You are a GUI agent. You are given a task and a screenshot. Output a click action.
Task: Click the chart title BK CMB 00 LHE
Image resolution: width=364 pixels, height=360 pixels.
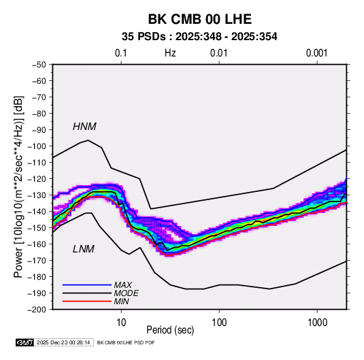(x=200, y=19)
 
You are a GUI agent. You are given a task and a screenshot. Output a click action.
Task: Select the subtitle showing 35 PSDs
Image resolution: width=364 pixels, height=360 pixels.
(x=199, y=37)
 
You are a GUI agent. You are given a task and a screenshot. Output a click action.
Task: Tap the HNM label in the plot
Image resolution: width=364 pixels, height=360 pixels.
(x=84, y=127)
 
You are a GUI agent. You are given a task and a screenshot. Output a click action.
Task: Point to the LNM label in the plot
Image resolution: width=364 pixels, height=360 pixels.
(x=84, y=249)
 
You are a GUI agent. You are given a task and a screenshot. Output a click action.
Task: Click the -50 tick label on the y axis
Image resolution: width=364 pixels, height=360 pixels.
(x=39, y=65)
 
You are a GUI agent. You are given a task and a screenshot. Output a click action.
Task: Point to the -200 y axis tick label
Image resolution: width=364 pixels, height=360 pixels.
(x=37, y=310)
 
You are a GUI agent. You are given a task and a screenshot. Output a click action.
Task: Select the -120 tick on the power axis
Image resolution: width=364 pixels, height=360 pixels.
(x=37, y=179)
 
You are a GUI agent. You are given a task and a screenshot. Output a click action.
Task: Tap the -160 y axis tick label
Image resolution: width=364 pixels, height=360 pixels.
(x=37, y=244)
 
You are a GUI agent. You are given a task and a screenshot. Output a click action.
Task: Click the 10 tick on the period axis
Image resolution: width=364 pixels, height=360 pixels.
(x=121, y=323)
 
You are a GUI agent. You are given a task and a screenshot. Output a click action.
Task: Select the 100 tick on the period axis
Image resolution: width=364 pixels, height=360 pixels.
(x=219, y=323)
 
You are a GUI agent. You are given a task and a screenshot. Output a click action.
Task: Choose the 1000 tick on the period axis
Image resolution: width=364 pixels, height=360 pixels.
(x=317, y=323)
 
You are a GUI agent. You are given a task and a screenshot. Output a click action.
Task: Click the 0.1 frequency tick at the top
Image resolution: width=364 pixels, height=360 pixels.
(x=121, y=53)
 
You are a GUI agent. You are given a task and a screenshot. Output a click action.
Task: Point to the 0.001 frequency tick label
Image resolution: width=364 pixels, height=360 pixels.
(x=317, y=53)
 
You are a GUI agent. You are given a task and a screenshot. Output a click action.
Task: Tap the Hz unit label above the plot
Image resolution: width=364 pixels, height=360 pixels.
(x=170, y=53)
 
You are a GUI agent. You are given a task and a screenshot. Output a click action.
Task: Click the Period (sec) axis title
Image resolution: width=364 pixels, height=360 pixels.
(x=170, y=330)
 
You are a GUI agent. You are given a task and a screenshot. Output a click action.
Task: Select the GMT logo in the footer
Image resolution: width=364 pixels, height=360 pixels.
(x=24, y=342)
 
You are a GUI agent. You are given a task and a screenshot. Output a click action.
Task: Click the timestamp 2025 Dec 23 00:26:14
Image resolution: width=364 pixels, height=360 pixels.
(x=63, y=342)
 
